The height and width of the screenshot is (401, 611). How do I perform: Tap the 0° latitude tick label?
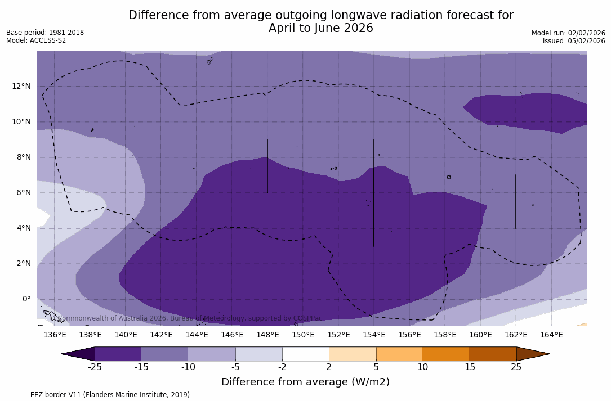tap(26, 299)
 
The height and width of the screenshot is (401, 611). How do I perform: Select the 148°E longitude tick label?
tap(267, 335)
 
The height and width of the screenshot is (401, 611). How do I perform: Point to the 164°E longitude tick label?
tap(551, 335)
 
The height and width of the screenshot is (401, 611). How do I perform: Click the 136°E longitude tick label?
tap(55, 335)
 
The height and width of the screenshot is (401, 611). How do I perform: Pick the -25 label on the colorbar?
tap(95, 367)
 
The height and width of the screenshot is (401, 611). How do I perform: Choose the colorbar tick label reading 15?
tap(469, 367)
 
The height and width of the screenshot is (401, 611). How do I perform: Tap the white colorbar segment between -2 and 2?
tap(305, 354)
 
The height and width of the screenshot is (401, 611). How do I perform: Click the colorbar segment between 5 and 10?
tap(399, 354)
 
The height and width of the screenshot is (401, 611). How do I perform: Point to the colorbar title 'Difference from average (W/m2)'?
tap(305, 382)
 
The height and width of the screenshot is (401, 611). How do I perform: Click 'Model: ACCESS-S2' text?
tap(36, 40)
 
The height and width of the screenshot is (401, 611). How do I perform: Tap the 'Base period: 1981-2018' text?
tap(45, 33)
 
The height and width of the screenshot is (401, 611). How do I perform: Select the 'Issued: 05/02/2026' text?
tap(574, 41)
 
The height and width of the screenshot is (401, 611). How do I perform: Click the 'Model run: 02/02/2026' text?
tap(568, 33)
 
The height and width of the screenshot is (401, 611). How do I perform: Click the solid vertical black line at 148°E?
tap(267, 166)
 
